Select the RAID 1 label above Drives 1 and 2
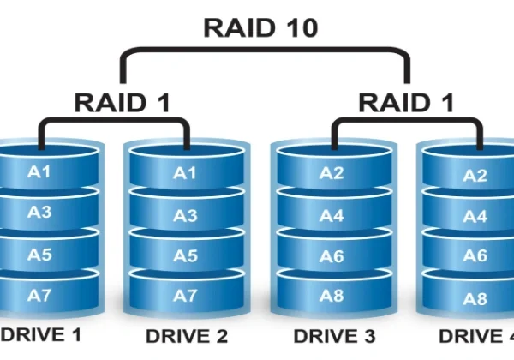point(122,103)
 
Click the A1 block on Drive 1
point(40,172)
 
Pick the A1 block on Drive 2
point(186,173)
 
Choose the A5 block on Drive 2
point(186,255)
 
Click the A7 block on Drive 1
point(40,296)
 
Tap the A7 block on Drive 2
point(186,296)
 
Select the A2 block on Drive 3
point(332,173)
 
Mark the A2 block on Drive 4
point(475,176)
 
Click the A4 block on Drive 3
point(332,215)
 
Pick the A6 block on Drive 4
point(475,256)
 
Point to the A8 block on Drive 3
point(332,296)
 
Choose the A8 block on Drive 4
point(475,298)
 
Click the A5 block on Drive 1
point(40,255)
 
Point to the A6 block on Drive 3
point(332,255)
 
